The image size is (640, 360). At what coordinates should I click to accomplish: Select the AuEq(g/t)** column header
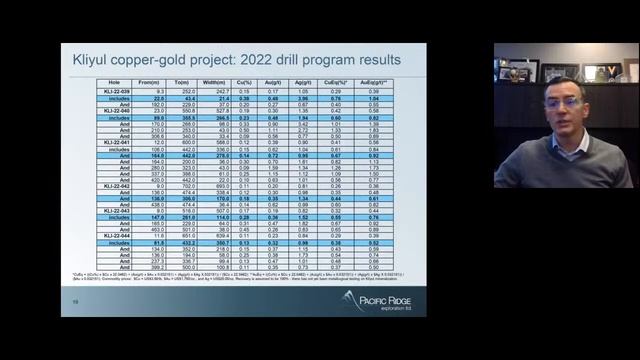click(x=403, y=83)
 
